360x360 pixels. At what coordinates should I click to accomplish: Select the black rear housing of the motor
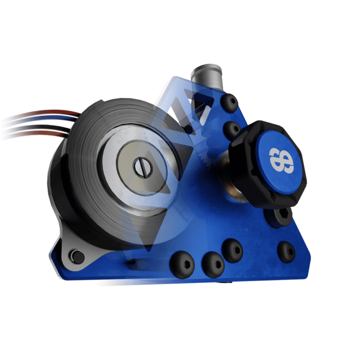[61, 189]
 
